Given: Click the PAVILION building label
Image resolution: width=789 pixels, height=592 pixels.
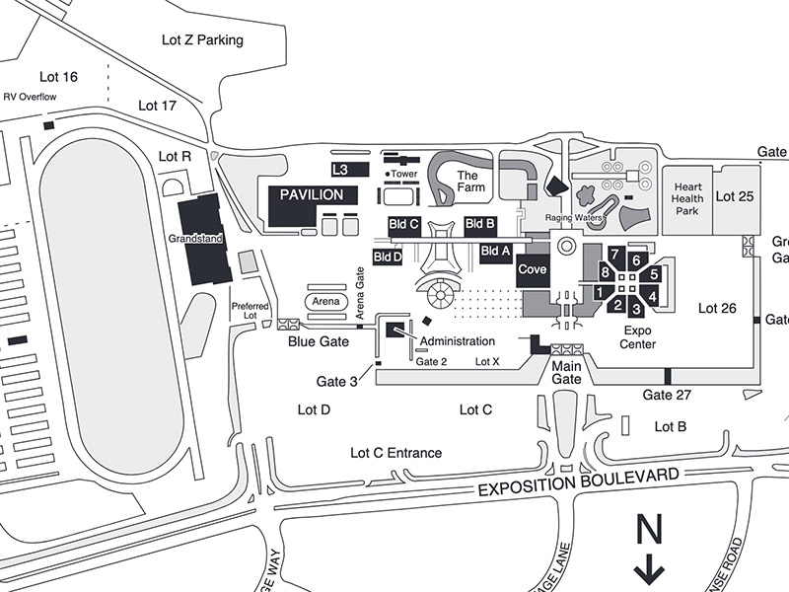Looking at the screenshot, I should point(311,195).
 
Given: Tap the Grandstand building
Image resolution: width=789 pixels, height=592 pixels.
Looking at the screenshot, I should point(205,237).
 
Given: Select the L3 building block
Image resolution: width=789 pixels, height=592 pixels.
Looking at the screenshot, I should point(341,170).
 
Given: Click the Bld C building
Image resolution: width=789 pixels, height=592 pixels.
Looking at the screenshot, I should point(404,224).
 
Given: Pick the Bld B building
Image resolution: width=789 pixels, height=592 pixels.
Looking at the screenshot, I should point(479,223).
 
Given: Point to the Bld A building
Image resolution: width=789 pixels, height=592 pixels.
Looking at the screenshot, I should point(495,252).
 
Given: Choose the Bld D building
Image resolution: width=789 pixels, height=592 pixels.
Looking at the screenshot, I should point(388,258).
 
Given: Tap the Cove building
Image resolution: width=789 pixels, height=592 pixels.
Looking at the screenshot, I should point(533,269).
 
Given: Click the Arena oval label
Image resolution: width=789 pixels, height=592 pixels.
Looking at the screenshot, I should point(325,301).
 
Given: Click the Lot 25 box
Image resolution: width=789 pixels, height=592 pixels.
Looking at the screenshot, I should point(734,197).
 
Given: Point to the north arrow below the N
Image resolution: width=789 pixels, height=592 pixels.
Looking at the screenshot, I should point(649,570).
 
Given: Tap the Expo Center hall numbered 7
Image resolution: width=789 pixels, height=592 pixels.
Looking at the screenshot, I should point(614,255).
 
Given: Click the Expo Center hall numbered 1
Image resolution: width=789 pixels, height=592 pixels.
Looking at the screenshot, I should point(600,291).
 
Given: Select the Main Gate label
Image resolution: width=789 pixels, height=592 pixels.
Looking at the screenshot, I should point(566,372).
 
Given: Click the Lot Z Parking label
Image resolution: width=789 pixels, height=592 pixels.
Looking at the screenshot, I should point(202,40).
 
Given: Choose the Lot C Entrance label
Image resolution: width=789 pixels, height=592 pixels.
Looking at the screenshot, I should point(396,453).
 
